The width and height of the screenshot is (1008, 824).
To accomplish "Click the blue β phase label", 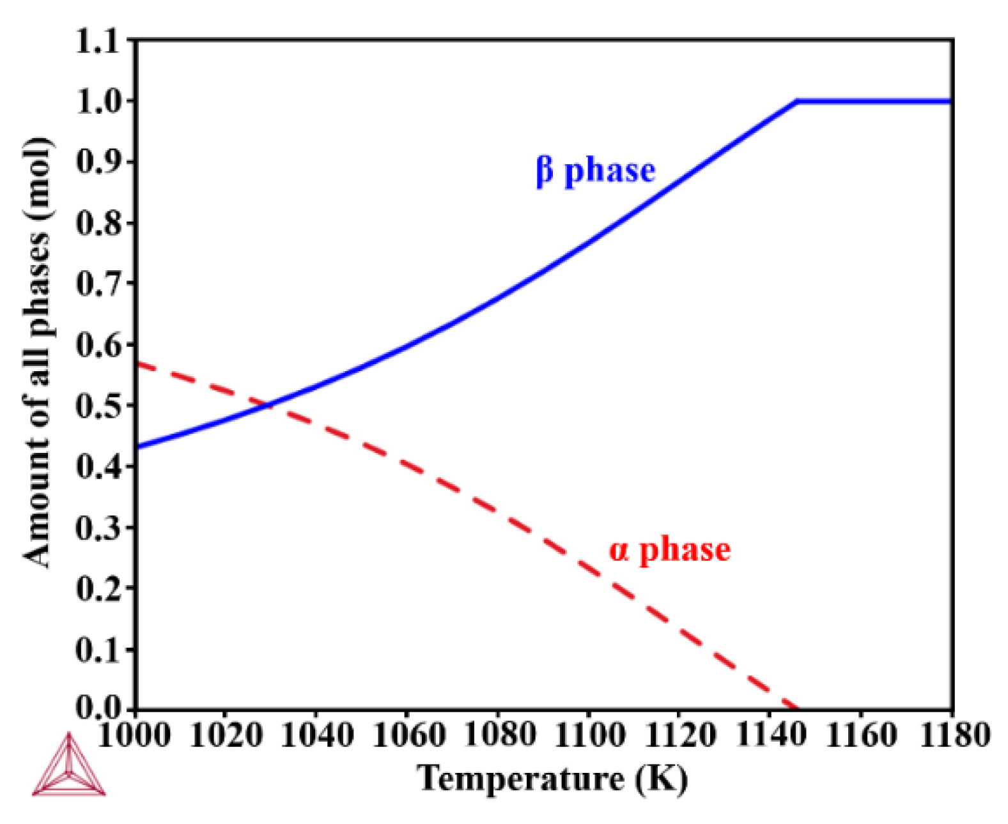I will pyautogui.click(x=596, y=171).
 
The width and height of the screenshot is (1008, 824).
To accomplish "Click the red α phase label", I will pyautogui.click(x=669, y=550).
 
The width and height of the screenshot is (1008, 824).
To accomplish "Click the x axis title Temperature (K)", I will pyautogui.click(x=552, y=779).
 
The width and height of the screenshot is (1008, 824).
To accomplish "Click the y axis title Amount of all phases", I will pyautogui.click(x=36, y=351).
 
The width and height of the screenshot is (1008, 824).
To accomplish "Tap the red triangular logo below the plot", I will pyautogui.click(x=68, y=767).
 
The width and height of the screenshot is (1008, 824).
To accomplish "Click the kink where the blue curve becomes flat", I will pyautogui.click(x=797, y=101).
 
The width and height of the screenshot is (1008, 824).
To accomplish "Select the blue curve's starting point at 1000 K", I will pyautogui.click(x=137, y=446).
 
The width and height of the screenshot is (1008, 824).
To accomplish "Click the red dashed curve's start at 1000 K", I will pyautogui.click(x=137, y=363).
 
